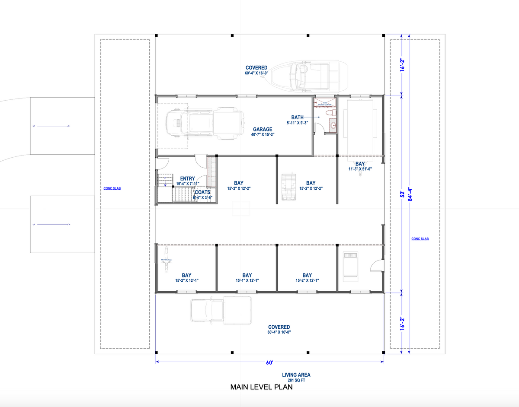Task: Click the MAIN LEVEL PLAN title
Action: [x=261, y=387]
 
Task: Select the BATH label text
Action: [x=298, y=117]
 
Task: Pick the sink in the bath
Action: [x=332, y=126]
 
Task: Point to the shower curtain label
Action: [x=325, y=104]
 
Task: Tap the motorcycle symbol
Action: [x=166, y=260]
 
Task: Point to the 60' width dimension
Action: [x=269, y=362]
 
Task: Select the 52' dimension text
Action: [x=402, y=194]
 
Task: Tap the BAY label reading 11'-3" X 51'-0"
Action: [x=360, y=166]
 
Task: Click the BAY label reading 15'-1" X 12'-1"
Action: [x=247, y=277]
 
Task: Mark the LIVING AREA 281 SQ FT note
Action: [x=296, y=377]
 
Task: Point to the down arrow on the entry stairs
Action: [x=165, y=181]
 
